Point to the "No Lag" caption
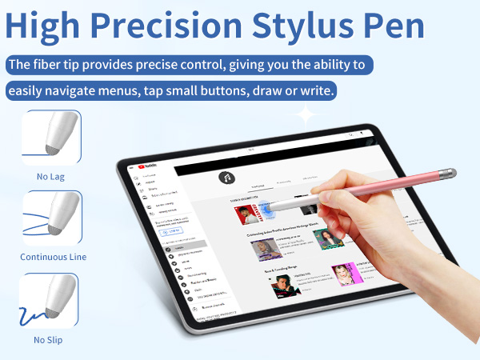pos(51,176)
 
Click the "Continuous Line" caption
pos(53,257)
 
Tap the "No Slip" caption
pos(50,339)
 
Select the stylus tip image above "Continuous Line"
pos(52,218)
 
